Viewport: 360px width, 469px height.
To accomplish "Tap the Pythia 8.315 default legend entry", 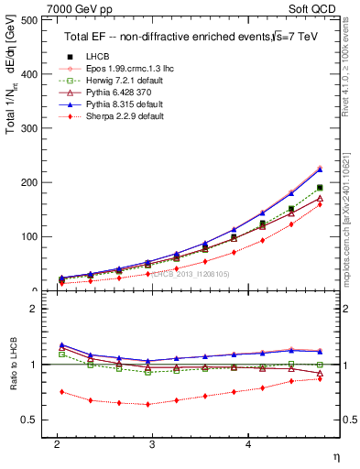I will point(114,104).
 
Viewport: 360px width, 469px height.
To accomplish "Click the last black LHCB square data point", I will point(320,188).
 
